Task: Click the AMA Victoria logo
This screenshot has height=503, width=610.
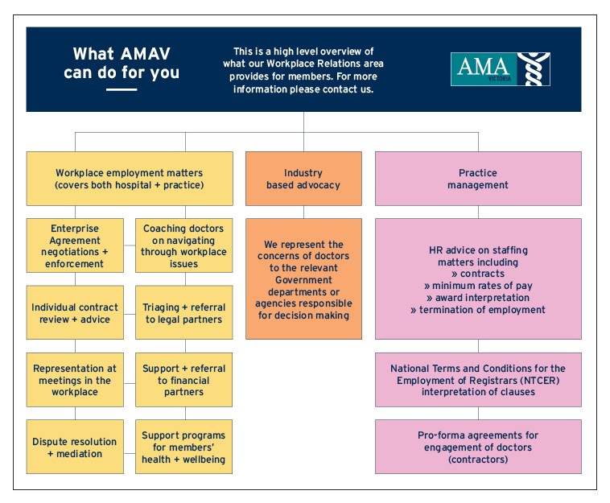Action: click(x=501, y=69)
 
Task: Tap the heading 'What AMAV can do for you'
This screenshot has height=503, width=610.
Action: click(x=122, y=63)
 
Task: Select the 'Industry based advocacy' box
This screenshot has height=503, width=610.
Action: click(x=303, y=179)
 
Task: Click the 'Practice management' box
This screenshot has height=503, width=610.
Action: click(x=478, y=179)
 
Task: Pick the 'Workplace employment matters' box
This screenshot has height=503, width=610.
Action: click(x=130, y=179)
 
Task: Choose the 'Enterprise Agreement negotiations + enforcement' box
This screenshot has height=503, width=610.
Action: click(x=75, y=245)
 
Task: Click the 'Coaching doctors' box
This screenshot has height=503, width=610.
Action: click(x=184, y=245)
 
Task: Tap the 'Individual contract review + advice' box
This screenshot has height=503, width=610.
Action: click(x=75, y=312)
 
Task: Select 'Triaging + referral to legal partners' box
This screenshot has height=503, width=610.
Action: click(x=184, y=312)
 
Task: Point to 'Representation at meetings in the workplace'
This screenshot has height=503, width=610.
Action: click(x=75, y=380)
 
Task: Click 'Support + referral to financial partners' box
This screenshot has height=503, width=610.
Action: click(x=184, y=380)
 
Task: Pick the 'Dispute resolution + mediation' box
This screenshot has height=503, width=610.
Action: click(x=75, y=447)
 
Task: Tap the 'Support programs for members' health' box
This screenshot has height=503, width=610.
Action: click(x=184, y=447)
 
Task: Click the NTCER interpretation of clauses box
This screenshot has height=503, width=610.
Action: click(x=478, y=380)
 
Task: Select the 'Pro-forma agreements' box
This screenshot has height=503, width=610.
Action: click(x=478, y=447)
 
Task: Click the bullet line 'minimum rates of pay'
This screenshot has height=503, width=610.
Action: click(x=478, y=286)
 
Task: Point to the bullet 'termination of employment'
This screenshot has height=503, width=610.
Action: click(x=478, y=310)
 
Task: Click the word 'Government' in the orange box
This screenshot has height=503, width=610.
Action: click(x=303, y=280)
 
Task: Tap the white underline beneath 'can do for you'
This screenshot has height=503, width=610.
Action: click(x=122, y=90)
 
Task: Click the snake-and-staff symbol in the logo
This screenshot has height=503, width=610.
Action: click(x=534, y=69)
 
